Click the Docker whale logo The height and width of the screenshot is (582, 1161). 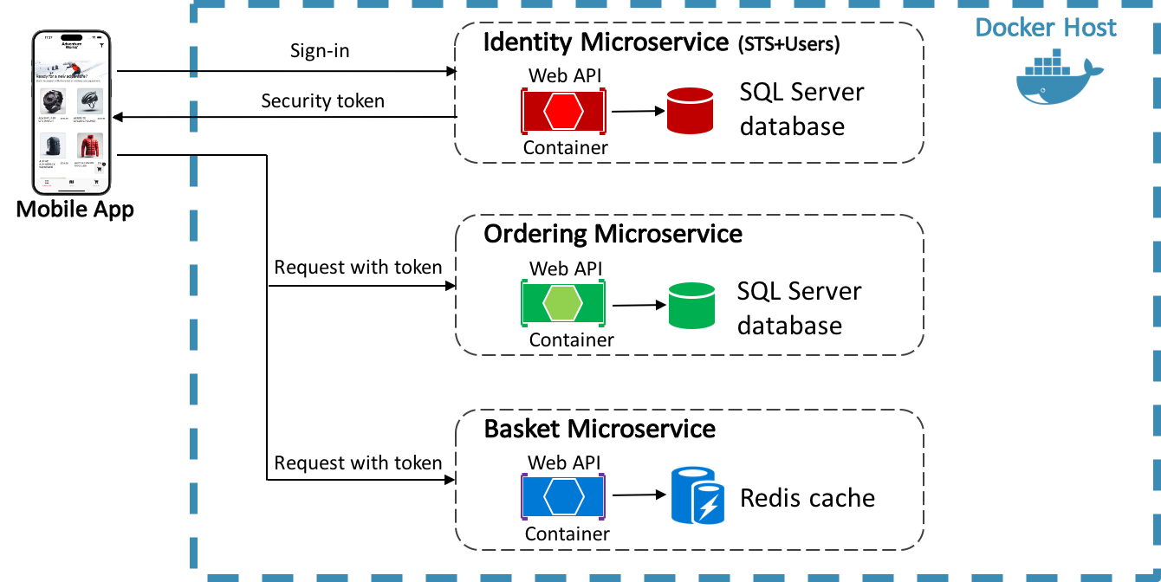click(1059, 76)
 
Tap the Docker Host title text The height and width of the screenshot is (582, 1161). click(1045, 27)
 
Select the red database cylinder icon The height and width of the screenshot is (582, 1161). click(689, 110)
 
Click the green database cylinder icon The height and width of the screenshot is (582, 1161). click(691, 305)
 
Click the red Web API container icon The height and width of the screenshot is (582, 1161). click(563, 111)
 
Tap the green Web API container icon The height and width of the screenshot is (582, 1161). click(563, 302)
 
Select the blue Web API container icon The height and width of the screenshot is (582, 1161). click(563, 496)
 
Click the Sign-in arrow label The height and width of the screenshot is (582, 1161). click(320, 51)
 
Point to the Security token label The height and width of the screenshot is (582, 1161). click(322, 101)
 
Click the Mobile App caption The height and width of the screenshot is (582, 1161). click(75, 209)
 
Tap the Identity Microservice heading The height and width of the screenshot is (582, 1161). click(606, 42)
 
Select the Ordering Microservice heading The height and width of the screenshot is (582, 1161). click(613, 234)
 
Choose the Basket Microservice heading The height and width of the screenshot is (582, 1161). click(600, 429)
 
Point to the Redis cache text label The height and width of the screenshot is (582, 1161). click(807, 498)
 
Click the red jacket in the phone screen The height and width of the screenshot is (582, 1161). click(90, 145)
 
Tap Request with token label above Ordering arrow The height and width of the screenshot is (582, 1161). click(358, 268)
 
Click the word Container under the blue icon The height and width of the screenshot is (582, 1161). click(567, 533)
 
